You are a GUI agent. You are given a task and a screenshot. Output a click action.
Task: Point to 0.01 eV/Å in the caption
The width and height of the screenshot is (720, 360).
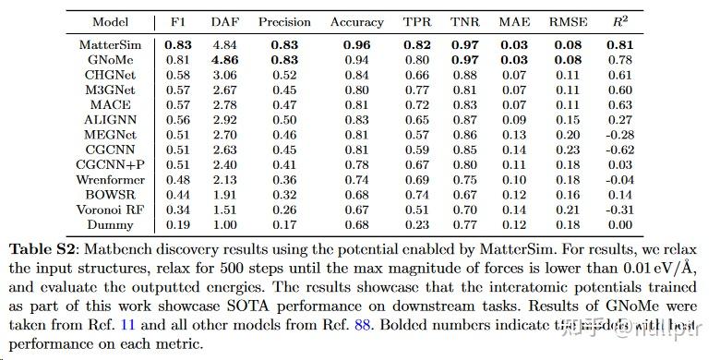point(660,266)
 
